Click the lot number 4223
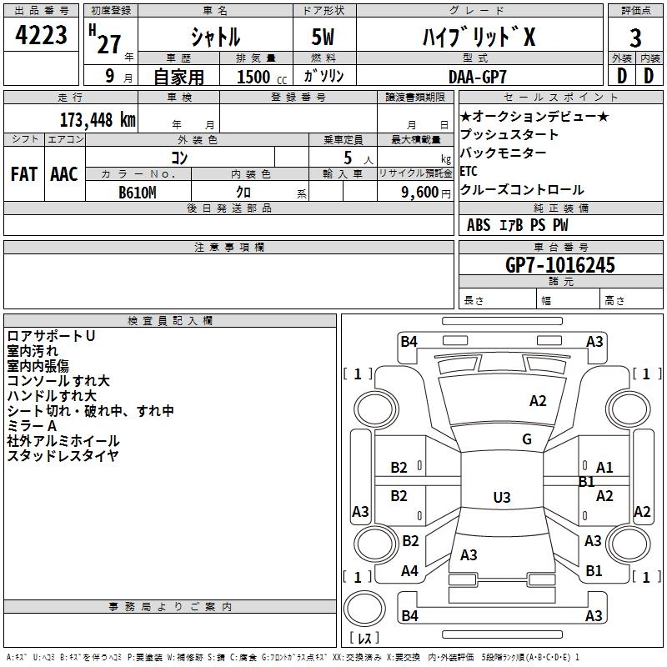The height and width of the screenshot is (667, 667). [41, 35]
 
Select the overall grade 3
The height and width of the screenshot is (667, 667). [635, 38]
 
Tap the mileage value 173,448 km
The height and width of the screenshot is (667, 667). [98, 119]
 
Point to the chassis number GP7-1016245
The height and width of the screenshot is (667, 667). [559, 264]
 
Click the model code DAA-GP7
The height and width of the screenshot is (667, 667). [477, 77]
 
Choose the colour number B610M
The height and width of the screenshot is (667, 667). [137, 193]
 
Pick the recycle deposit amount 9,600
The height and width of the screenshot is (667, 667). [419, 192]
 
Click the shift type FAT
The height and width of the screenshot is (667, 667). [24, 174]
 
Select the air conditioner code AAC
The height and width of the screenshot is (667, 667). [64, 174]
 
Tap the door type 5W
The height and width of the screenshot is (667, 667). [323, 37]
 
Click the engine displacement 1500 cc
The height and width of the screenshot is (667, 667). [262, 77]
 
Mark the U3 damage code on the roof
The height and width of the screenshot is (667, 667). [502, 497]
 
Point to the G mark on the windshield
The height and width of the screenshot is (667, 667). [527, 439]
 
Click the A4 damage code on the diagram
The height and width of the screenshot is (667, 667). [409, 570]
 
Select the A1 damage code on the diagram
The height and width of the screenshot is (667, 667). [604, 468]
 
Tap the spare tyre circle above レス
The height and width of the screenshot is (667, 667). [364, 609]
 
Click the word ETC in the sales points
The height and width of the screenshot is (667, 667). [469, 171]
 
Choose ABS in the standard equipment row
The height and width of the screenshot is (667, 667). [479, 225]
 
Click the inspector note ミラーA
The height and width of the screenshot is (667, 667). [32, 425]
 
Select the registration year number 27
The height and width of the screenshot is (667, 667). [109, 44]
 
